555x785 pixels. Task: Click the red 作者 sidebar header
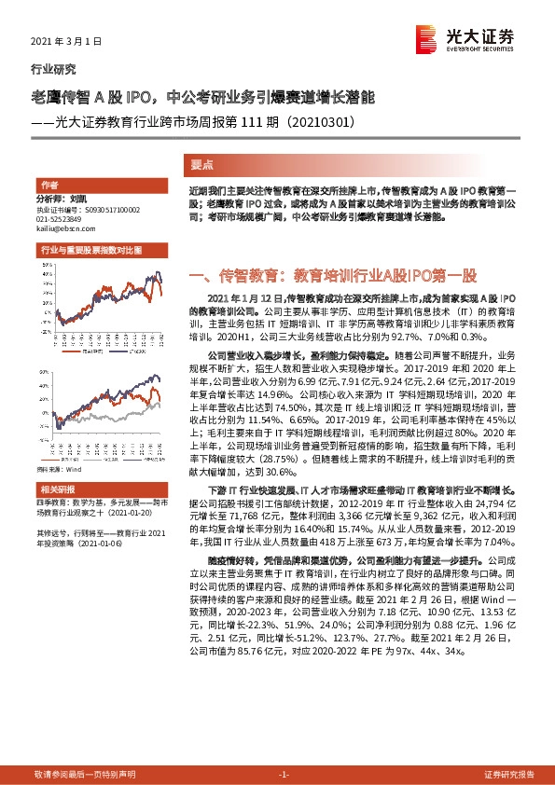tap(49, 185)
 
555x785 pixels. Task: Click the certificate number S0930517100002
tap(101, 210)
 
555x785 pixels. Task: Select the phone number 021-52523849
tap(62, 219)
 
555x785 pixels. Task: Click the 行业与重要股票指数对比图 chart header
tap(90, 251)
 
